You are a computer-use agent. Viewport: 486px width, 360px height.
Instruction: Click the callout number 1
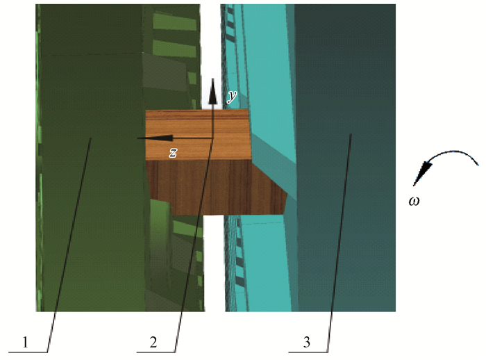pos(26,343)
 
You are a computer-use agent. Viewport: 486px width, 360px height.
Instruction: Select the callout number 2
pos(153,343)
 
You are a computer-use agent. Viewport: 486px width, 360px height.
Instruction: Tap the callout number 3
pos(307,343)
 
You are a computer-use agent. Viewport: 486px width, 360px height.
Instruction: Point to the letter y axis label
pos(232,96)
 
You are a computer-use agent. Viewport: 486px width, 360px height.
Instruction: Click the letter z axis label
pos(173,152)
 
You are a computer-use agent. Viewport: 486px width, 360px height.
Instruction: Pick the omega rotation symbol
pos(414,201)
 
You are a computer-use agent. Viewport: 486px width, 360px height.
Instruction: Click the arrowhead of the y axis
pos(212,91)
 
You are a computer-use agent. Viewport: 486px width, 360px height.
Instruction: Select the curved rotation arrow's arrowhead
pos(422,174)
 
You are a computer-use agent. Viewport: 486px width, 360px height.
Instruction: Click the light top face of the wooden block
pos(198,135)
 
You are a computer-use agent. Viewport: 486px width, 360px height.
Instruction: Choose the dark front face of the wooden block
pos(217,187)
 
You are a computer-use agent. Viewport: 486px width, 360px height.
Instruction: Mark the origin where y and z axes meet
pos(213,138)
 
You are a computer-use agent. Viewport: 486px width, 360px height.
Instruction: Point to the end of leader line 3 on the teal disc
pos(351,134)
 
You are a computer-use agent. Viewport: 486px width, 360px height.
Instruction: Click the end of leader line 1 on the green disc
pos(91,138)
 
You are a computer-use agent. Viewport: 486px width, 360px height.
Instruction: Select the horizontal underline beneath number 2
pos(156,352)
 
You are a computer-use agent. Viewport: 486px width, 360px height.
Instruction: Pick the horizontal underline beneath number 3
pos(308,352)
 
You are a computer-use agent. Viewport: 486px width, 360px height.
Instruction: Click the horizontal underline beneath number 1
pos(28,352)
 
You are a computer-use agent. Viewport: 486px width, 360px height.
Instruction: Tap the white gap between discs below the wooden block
pos(214,263)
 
